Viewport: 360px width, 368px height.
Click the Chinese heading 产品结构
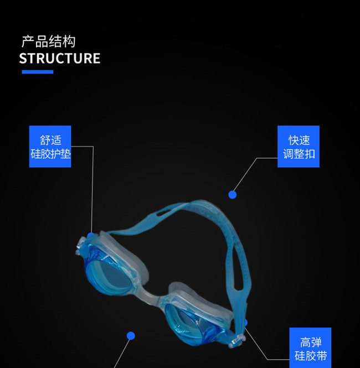pyautogui.click(x=48, y=42)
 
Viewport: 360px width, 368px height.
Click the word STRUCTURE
pyautogui.click(x=60, y=59)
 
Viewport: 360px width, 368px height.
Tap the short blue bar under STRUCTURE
pyautogui.click(x=37, y=71)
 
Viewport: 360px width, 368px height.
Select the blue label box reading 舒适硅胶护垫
pyautogui.click(x=50, y=147)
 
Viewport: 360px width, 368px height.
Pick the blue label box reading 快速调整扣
pyautogui.click(x=299, y=147)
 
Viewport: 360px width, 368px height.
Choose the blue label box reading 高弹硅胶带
pyautogui.click(x=310, y=348)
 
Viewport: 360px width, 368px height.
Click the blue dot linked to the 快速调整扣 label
pyautogui.click(x=233, y=194)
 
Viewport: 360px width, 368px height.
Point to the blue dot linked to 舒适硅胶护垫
pyautogui.click(x=90, y=236)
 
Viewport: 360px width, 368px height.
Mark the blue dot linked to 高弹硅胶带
pyautogui.click(x=244, y=322)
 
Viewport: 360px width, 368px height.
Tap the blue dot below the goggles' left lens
pyautogui.click(x=131, y=335)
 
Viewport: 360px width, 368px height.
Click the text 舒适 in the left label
pyautogui.click(x=50, y=140)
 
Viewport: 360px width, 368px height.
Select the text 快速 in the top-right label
pyautogui.click(x=299, y=140)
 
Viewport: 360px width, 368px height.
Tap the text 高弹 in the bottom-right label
pyautogui.click(x=310, y=341)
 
